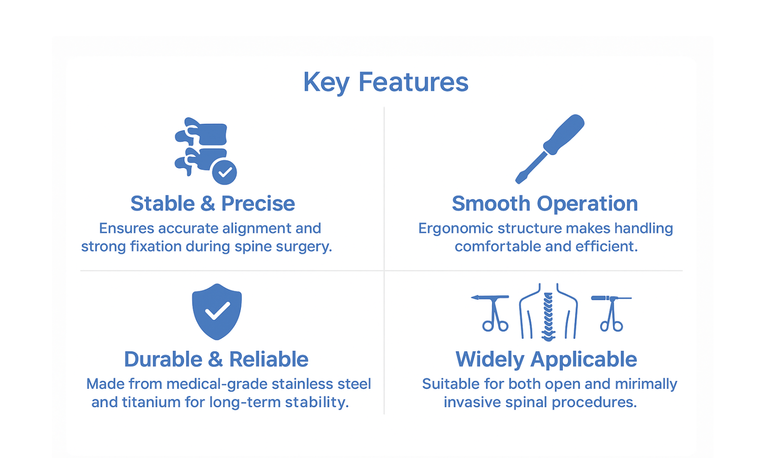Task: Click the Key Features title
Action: click(386, 83)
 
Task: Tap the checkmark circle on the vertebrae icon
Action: click(224, 172)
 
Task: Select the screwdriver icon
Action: click(550, 149)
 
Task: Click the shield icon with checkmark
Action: click(217, 312)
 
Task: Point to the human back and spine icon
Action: click(548, 312)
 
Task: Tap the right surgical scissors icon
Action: click(611, 313)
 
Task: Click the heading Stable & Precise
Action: click(213, 204)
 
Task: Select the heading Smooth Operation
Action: click(545, 204)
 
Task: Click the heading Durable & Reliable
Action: click(216, 359)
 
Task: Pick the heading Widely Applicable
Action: click(546, 360)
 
